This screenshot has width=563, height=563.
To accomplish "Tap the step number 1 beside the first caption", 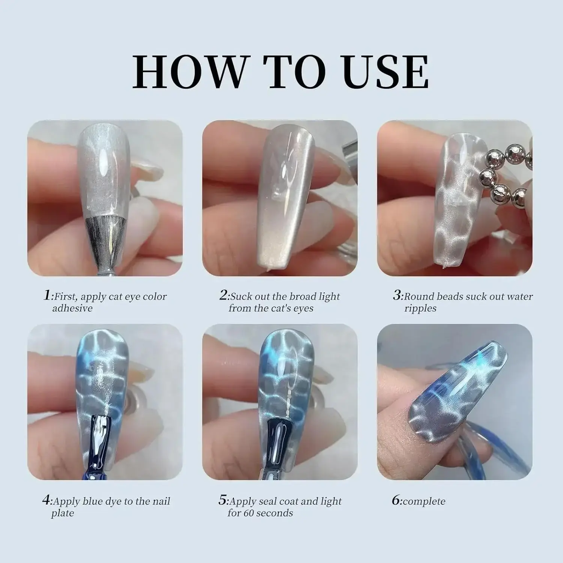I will pyautogui.click(x=47, y=295).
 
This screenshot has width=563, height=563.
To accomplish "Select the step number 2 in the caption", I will pyautogui.click(x=224, y=295).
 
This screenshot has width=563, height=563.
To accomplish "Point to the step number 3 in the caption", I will pyautogui.click(x=397, y=295).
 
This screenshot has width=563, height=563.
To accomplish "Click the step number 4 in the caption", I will pyautogui.click(x=46, y=500).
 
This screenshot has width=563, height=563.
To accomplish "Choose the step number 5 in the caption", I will pyautogui.click(x=223, y=500).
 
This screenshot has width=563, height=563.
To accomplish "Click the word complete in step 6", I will pyautogui.click(x=425, y=501).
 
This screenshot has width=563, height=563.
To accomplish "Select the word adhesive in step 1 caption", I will pyautogui.click(x=72, y=309).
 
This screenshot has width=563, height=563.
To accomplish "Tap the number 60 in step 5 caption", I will pyautogui.click(x=250, y=513).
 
